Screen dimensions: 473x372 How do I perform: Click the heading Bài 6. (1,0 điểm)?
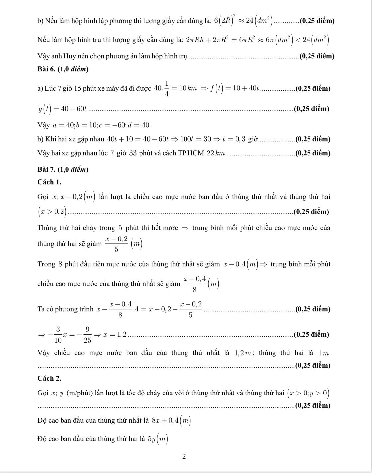click(x=63, y=69)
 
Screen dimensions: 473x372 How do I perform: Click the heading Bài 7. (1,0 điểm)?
click(x=63, y=169)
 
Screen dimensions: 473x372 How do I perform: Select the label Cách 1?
click(x=49, y=182)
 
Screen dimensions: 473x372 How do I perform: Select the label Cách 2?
click(x=49, y=378)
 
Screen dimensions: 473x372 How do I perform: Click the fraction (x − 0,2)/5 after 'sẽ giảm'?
click(x=116, y=244)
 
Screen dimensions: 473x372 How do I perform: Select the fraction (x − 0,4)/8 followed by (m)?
click(x=194, y=284)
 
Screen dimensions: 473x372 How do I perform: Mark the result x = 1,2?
click(x=115, y=334)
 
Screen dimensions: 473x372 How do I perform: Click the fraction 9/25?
click(x=87, y=334)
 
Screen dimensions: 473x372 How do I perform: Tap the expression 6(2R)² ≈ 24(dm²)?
click(x=243, y=21)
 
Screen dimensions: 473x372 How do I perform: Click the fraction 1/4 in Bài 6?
click(x=166, y=89)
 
